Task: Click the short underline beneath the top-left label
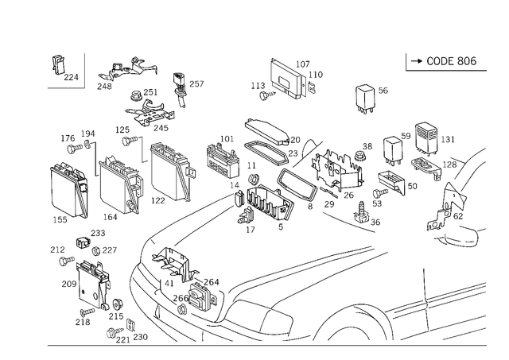pos(65,89)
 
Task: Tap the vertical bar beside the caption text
pos(406,61)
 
